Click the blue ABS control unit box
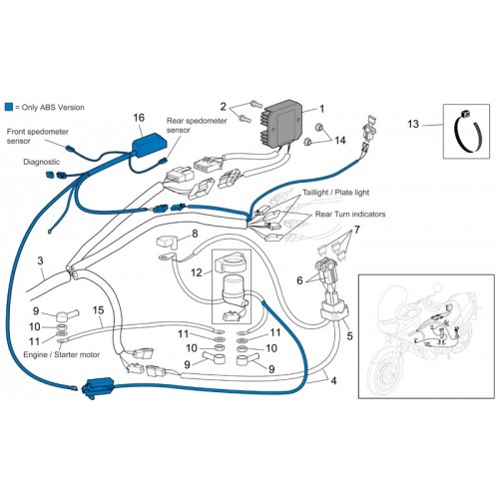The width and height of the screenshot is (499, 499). [148, 145]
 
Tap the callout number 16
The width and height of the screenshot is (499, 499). [139, 118]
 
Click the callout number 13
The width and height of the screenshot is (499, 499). [413, 124]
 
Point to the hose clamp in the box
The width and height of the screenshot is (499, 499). [466, 132]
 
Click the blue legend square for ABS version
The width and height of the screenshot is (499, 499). [9, 107]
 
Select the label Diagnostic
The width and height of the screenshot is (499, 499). [42, 162]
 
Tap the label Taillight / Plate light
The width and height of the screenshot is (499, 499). [335, 193]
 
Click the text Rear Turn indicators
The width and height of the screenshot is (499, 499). [350, 214]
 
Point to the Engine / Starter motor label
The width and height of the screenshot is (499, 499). [61, 354]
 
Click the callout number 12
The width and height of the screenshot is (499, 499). [197, 272]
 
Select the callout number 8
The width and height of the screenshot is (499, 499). [195, 234]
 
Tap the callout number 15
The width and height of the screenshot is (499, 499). [98, 310]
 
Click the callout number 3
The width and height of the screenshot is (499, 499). [40, 260]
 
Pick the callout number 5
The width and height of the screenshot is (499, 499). [349, 336]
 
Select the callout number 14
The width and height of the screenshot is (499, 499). [340, 141]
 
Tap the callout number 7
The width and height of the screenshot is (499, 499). [356, 230]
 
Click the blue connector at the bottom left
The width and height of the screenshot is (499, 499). [98, 387]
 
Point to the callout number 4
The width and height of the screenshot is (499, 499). [333, 380]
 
